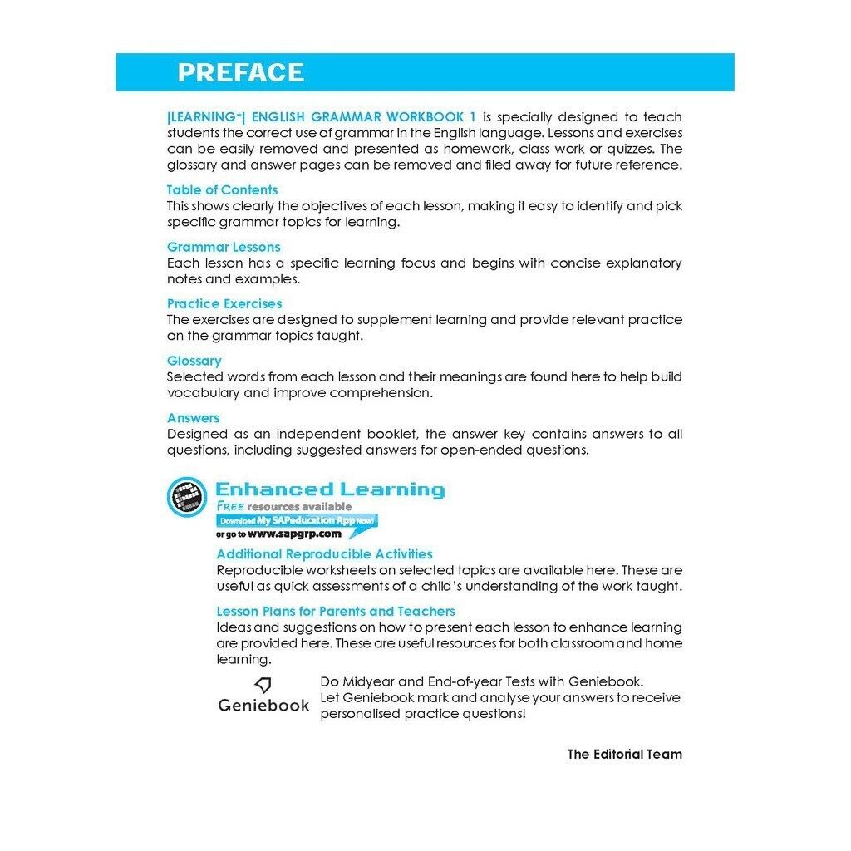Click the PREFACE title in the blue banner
pyautogui.click(x=240, y=72)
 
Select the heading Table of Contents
pyautogui.click(x=222, y=189)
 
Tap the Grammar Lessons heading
pyautogui.click(x=224, y=247)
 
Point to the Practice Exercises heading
pyautogui.click(x=224, y=303)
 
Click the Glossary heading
pyautogui.click(x=194, y=361)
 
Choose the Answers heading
pyautogui.click(x=193, y=418)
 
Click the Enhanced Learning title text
pyautogui.click(x=330, y=489)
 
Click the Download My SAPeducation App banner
pyautogui.click(x=297, y=520)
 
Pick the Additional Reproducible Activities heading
pyautogui.click(x=324, y=554)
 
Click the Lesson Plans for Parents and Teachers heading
pyautogui.click(x=336, y=611)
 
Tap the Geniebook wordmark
pyautogui.click(x=263, y=706)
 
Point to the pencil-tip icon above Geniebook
pyautogui.click(x=263, y=685)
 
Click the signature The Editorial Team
pyautogui.click(x=624, y=755)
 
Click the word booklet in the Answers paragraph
pyautogui.click(x=384, y=434)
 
